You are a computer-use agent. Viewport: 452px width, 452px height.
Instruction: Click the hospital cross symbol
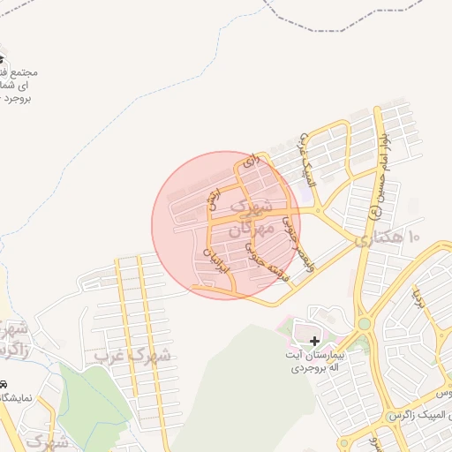(x=315, y=340)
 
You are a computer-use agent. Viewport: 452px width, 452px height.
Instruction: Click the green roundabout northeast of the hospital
(x=364, y=324)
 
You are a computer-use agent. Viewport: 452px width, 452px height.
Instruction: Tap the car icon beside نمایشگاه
(x=4, y=385)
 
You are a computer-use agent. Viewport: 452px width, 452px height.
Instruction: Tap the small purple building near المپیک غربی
(x=309, y=180)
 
